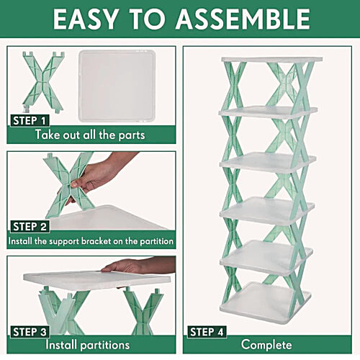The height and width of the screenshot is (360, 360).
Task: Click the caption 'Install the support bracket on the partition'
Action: tap(91, 240)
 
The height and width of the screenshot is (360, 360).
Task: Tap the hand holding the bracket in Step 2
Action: tap(101, 173)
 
